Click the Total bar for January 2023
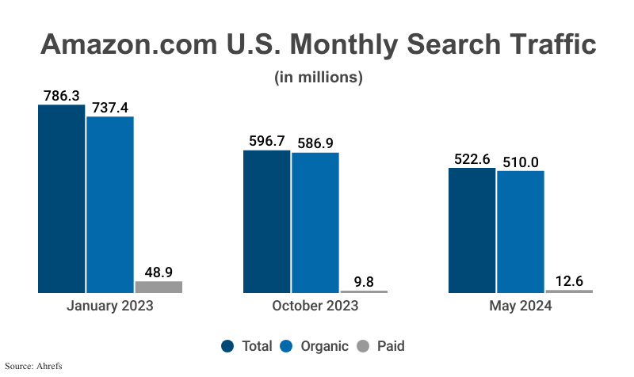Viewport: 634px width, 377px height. point(61,199)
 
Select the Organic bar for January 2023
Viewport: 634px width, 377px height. point(110,205)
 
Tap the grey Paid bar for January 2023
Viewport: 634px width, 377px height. point(158,287)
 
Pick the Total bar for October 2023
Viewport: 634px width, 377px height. point(266,221)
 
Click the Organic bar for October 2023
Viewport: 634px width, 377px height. point(315,223)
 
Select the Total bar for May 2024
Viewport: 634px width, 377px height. point(472,230)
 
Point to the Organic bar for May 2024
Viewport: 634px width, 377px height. point(521,232)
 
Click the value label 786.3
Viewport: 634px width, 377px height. point(61,95)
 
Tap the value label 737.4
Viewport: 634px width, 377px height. point(110,107)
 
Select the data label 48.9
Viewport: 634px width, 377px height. point(158,271)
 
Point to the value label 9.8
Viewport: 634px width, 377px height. point(364,280)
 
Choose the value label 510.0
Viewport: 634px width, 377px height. point(521,162)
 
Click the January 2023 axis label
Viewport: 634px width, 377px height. point(109,305)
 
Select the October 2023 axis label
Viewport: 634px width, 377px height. point(315,305)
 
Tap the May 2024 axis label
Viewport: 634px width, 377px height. point(520,305)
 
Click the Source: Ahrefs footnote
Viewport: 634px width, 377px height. point(34,366)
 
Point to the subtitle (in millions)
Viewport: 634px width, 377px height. point(318,78)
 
